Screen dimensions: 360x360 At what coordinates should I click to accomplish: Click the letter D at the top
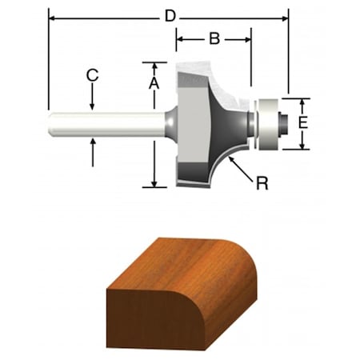[x=169, y=16]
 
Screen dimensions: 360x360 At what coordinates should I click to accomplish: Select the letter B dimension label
[x=214, y=38]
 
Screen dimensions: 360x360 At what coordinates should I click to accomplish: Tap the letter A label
[x=154, y=82]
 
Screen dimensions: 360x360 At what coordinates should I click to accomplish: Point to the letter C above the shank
[x=93, y=76]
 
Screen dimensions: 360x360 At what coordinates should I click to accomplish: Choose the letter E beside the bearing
[x=302, y=123]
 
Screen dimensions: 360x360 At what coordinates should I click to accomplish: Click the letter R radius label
[x=261, y=183]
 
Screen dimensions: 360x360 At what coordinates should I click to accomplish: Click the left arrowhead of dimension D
[x=53, y=16]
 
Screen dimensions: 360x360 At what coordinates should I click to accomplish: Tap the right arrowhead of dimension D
[x=284, y=16]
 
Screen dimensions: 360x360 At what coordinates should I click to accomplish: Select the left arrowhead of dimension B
[x=181, y=38]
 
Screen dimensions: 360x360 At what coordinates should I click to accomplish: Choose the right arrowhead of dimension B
[x=247, y=38]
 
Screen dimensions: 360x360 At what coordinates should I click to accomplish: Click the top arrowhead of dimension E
[x=302, y=102]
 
